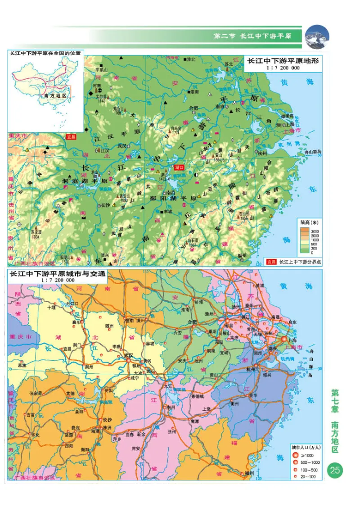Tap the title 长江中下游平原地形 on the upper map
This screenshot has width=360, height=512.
pos(281,62)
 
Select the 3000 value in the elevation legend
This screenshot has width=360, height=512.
pos(315,230)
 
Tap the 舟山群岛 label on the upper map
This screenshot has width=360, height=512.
pos(312,153)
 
